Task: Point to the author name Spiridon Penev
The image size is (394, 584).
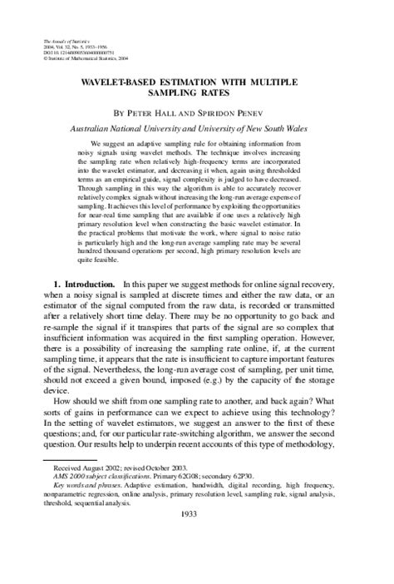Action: (234, 110)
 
